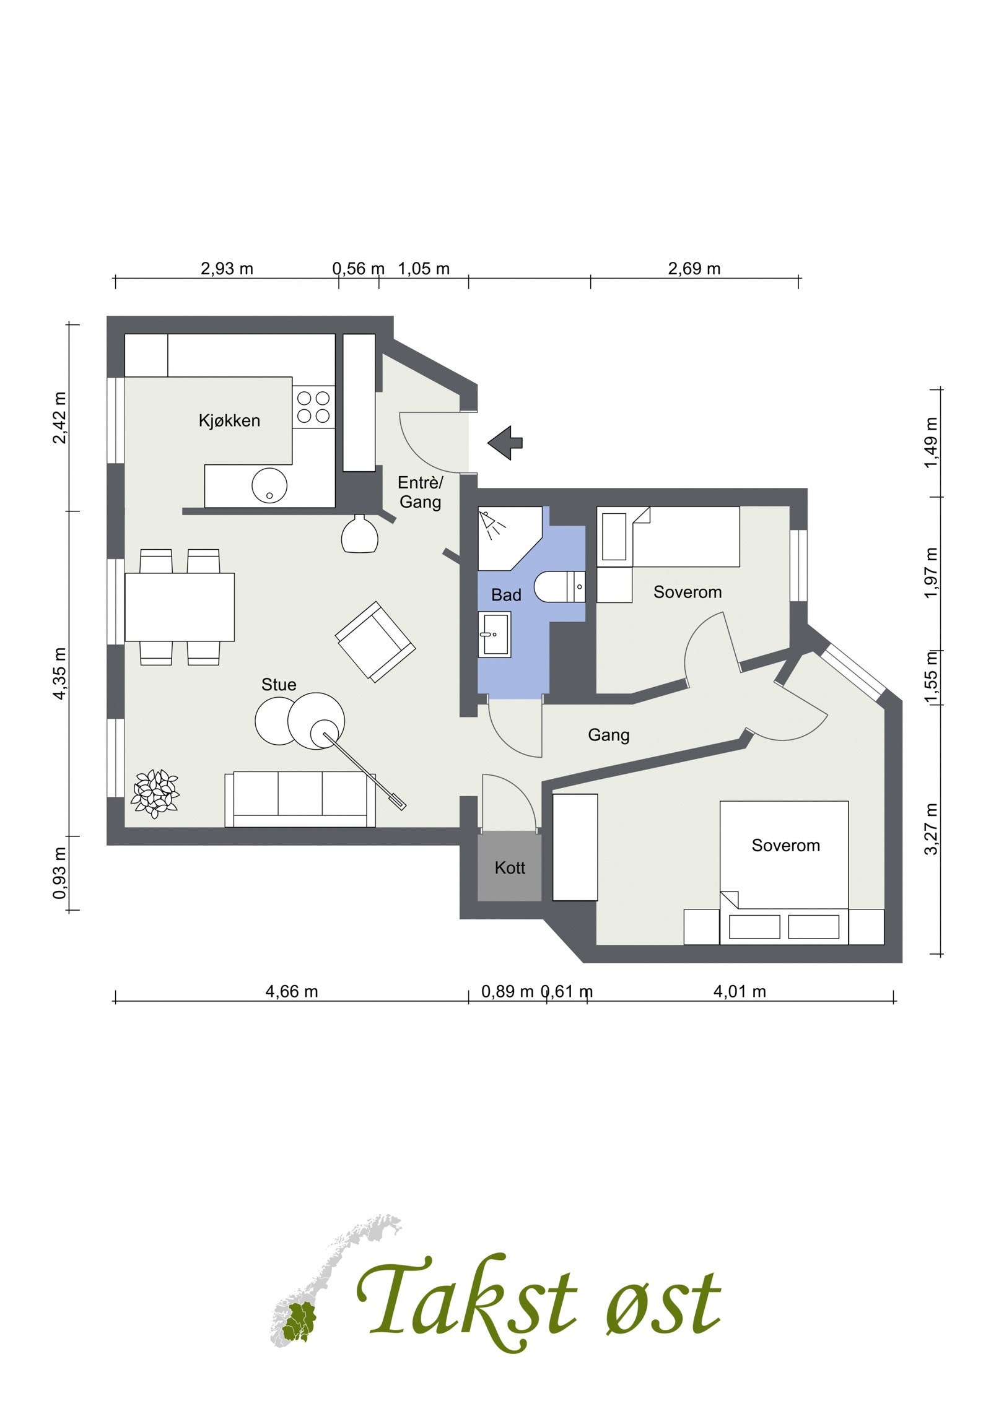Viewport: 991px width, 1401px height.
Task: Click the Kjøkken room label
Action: tap(229, 421)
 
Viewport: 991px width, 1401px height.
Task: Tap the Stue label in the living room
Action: tap(279, 684)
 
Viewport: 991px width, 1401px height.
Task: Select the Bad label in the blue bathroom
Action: tap(506, 595)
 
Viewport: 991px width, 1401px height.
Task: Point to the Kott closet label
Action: tap(510, 867)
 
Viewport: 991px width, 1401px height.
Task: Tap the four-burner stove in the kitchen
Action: tap(313, 407)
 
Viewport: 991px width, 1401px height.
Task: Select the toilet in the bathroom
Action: tap(559, 587)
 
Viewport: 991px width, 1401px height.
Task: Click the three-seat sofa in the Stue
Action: tap(300, 799)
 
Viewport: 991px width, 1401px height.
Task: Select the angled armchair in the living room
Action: tap(375, 641)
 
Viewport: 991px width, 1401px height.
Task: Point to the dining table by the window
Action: tap(180, 607)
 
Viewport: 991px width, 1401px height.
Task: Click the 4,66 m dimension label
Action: tap(292, 992)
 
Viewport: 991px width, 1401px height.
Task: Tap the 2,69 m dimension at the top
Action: tap(694, 269)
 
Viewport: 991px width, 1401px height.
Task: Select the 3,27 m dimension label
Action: tap(930, 828)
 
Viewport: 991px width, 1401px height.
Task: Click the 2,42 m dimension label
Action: tap(60, 418)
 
